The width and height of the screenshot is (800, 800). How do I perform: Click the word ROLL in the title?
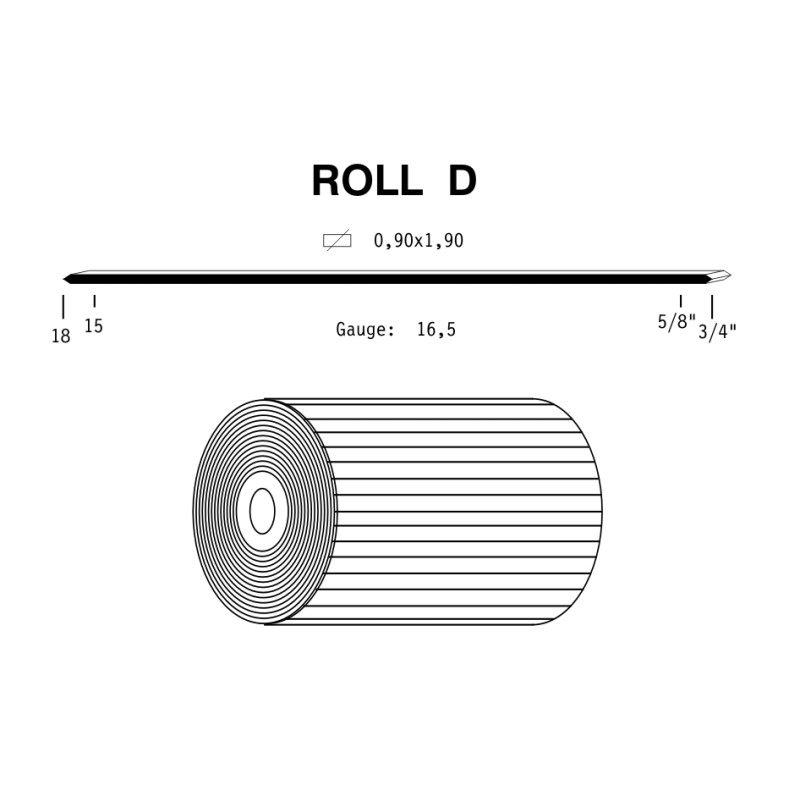[367, 181]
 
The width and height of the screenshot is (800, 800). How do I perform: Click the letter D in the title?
[462, 181]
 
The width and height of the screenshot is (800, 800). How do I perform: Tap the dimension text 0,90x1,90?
[418, 240]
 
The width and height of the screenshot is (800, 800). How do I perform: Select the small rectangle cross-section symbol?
[337, 240]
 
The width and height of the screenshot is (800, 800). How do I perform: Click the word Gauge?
[365, 330]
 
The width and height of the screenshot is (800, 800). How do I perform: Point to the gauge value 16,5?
[436, 330]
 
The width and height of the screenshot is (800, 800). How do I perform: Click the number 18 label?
[61, 336]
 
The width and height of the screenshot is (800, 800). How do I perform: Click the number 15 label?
[93, 326]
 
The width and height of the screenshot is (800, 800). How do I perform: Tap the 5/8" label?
[677, 322]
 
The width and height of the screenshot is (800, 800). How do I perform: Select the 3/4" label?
[717, 332]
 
